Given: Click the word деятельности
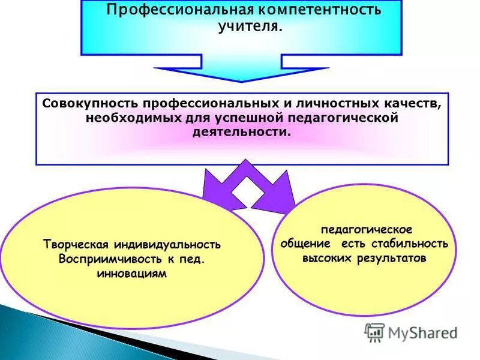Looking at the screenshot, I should [x=241, y=131].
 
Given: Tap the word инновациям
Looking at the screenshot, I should [x=131, y=274].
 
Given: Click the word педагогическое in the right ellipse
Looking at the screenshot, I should [x=365, y=230].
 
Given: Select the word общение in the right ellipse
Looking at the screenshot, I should [x=305, y=244].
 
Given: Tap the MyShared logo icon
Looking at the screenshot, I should [x=374, y=332].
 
